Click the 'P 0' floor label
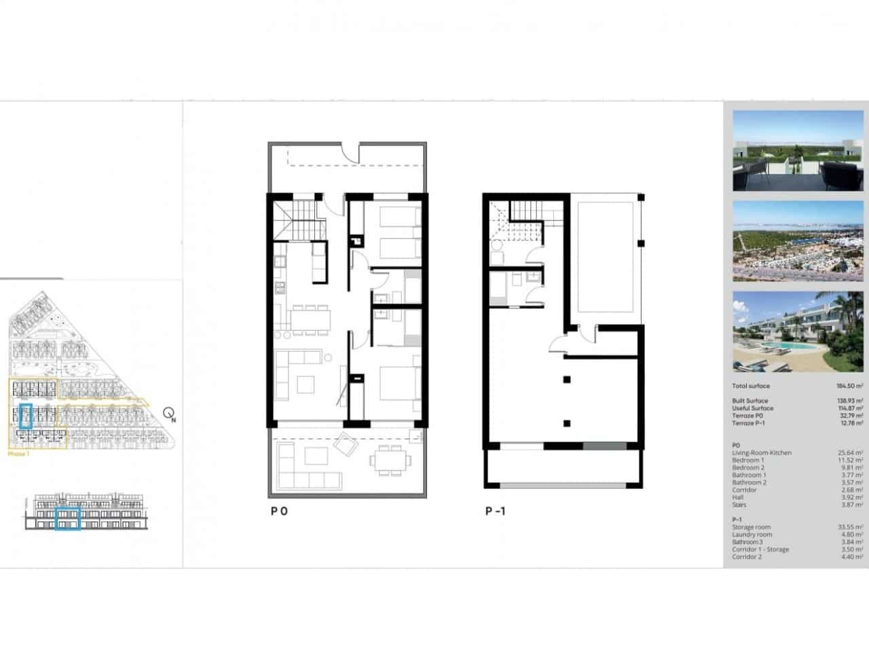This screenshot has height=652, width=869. pyautogui.click(x=279, y=511)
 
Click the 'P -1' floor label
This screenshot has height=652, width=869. pyautogui.click(x=495, y=511)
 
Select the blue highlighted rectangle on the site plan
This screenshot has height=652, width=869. pyautogui.click(x=26, y=416)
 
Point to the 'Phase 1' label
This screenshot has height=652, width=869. pyautogui.click(x=18, y=454)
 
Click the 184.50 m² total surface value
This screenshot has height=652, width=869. pyautogui.click(x=849, y=386)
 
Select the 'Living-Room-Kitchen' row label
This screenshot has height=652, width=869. pyautogui.click(x=761, y=453)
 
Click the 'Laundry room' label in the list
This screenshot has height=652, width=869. pyautogui.click(x=752, y=535)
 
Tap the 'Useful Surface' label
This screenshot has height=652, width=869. pyautogui.click(x=752, y=408)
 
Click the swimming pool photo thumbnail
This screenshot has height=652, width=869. pyautogui.click(x=798, y=332)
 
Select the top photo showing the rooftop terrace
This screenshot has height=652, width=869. pyautogui.click(x=798, y=151)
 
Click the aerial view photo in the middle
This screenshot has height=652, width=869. pyautogui.click(x=798, y=241)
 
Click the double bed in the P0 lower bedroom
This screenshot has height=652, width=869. pyautogui.click(x=396, y=384)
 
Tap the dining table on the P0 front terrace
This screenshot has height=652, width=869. pyautogui.click(x=389, y=460)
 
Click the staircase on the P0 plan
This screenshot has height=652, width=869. pyautogui.click(x=299, y=217)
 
